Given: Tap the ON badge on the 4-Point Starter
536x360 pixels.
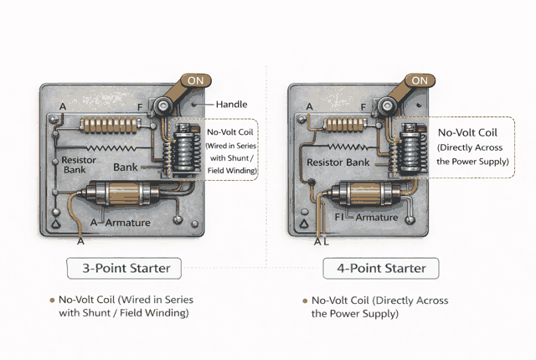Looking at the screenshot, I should coord(420,81).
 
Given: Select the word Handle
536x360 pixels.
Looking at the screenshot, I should coord(231,104).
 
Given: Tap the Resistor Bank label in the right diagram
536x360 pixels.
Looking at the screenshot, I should coord(338,162).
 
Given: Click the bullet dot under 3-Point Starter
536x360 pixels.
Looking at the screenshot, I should coord(51,300).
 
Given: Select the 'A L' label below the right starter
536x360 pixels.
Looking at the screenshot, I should coord(322,241).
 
